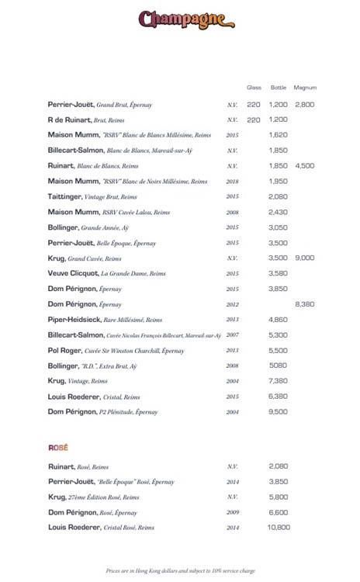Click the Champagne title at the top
point(182,19)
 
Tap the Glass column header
point(254,88)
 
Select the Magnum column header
point(305,88)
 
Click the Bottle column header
point(278,88)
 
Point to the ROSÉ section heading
point(58,448)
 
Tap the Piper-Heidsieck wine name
point(76,319)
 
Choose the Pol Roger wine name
point(66,350)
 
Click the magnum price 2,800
point(305,104)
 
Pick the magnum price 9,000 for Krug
point(305,258)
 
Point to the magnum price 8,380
point(305,304)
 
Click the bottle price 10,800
point(279,527)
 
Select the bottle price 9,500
point(279,411)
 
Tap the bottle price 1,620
point(279,135)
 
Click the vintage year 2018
point(232,181)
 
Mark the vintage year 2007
point(232,334)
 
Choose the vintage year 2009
point(232,512)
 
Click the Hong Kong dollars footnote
point(180,570)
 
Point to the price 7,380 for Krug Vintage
point(279,381)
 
